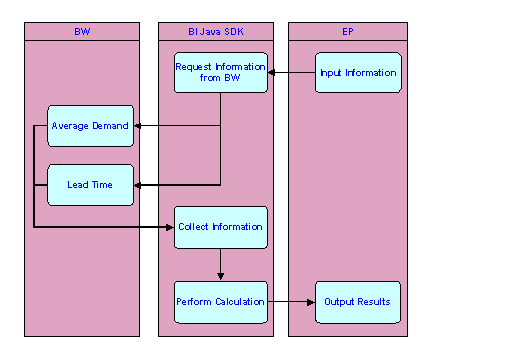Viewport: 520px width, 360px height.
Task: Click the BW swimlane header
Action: [81, 32]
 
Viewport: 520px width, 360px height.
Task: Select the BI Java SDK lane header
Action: [215, 32]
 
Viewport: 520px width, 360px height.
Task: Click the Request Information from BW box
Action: [221, 72]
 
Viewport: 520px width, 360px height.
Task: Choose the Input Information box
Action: [358, 73]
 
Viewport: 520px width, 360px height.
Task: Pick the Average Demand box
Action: [90, 126]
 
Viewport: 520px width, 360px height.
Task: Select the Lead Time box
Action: [90, 185]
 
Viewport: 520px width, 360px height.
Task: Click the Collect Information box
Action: [221, 227]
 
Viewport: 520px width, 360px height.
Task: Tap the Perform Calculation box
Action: [221, 301]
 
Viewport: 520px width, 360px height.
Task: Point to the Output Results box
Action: [358, 301]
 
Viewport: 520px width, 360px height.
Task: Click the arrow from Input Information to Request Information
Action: [292, 73]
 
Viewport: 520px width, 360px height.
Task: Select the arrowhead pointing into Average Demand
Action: [139, 126]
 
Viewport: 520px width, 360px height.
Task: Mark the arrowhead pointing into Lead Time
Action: [139, 185]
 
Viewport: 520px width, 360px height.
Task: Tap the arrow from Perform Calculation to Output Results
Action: [292, 301]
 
